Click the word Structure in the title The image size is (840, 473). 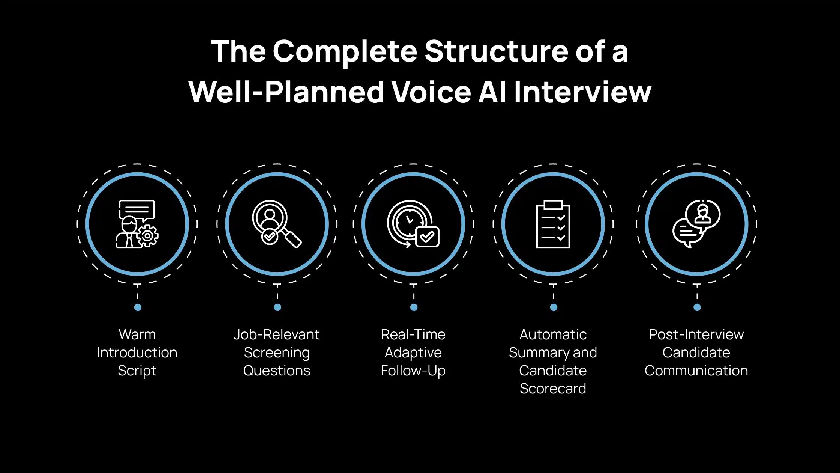tap(496, 51)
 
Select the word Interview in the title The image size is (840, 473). tap(582, 92)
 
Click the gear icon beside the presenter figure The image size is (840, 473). tap(147, 236)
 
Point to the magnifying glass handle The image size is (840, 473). tap(292, 237)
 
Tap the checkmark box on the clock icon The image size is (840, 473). tap(427, 236)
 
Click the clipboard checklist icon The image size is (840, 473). tap(553, 224)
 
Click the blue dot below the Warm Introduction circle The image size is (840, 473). tap(138, 307)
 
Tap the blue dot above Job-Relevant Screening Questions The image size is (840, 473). tap(277, 307)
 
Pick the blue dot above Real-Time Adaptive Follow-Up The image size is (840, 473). tap(414, 307)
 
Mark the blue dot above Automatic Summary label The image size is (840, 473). tap(553, 307)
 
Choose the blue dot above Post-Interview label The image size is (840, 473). tap(697, 307)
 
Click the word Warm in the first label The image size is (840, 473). tap(137, 334)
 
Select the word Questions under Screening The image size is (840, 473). tap(277, 371)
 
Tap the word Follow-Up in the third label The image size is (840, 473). tap(413, 371)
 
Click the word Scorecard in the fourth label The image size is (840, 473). tap(553, 389)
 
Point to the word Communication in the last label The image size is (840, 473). tap(696, 371)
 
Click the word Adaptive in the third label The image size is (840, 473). tap(413, 353)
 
